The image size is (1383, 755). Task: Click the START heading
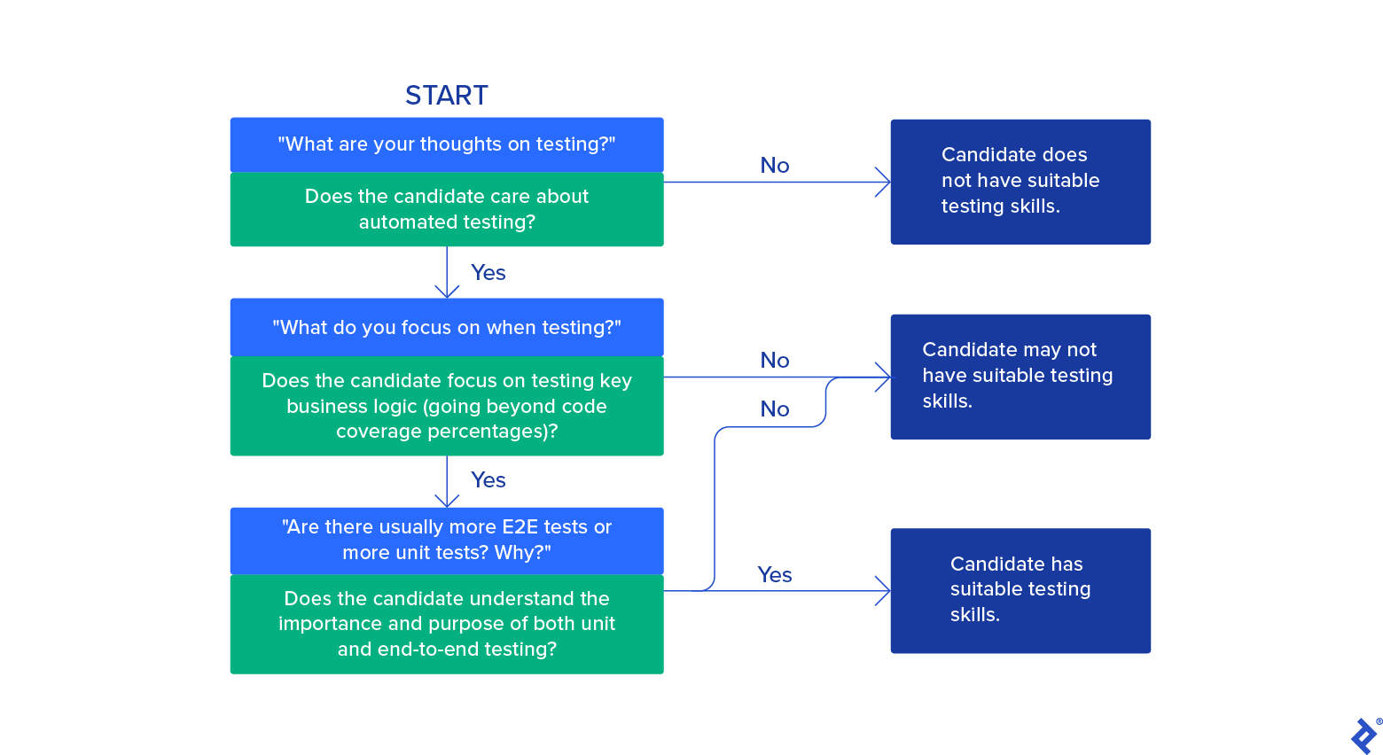point(446,95)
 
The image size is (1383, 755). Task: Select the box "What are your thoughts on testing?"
point(446,144)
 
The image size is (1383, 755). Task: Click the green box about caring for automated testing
point(446,209)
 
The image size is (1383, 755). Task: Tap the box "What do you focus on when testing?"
point(446,327)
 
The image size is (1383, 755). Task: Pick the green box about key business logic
point(446,406)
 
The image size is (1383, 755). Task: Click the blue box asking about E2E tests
point(446,540)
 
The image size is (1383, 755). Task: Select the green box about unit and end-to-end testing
point(446,624)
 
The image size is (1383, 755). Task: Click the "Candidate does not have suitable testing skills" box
point(1020,181)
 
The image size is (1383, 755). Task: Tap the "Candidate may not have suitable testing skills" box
point(1020,376)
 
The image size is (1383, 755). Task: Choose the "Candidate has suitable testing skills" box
point(1020,590)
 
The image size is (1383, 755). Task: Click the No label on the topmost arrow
point(774,166)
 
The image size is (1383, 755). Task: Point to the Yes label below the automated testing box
point(488,273)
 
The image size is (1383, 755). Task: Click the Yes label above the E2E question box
point(488,480)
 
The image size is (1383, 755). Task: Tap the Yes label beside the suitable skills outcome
point(774,575)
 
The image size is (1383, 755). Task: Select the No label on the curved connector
point(774,409)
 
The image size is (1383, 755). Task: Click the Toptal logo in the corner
point(1364,736)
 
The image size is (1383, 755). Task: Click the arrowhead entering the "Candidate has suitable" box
point(884,590)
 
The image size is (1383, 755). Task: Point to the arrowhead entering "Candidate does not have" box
point(884,182)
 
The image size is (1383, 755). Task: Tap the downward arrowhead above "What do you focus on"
point(447,292)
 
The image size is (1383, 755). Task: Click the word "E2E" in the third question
point(520,527)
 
